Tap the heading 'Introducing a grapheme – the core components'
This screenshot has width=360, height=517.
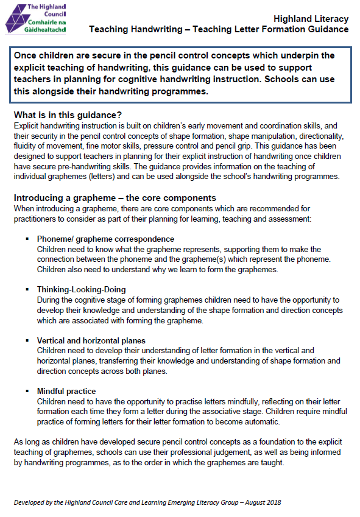[115, 198]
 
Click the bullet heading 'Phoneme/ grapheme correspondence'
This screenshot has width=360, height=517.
[105, 239]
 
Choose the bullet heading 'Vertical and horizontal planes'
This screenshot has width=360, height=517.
[91, 340]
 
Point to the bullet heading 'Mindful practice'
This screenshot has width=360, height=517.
[66, 391]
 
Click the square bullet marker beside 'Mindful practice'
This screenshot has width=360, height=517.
[27, 391]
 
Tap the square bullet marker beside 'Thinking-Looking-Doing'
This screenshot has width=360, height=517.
[27, 289]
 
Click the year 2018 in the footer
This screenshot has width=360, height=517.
[272, 503]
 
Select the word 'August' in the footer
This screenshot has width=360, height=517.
[252, 503]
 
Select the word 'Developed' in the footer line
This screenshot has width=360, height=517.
[30, 503]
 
